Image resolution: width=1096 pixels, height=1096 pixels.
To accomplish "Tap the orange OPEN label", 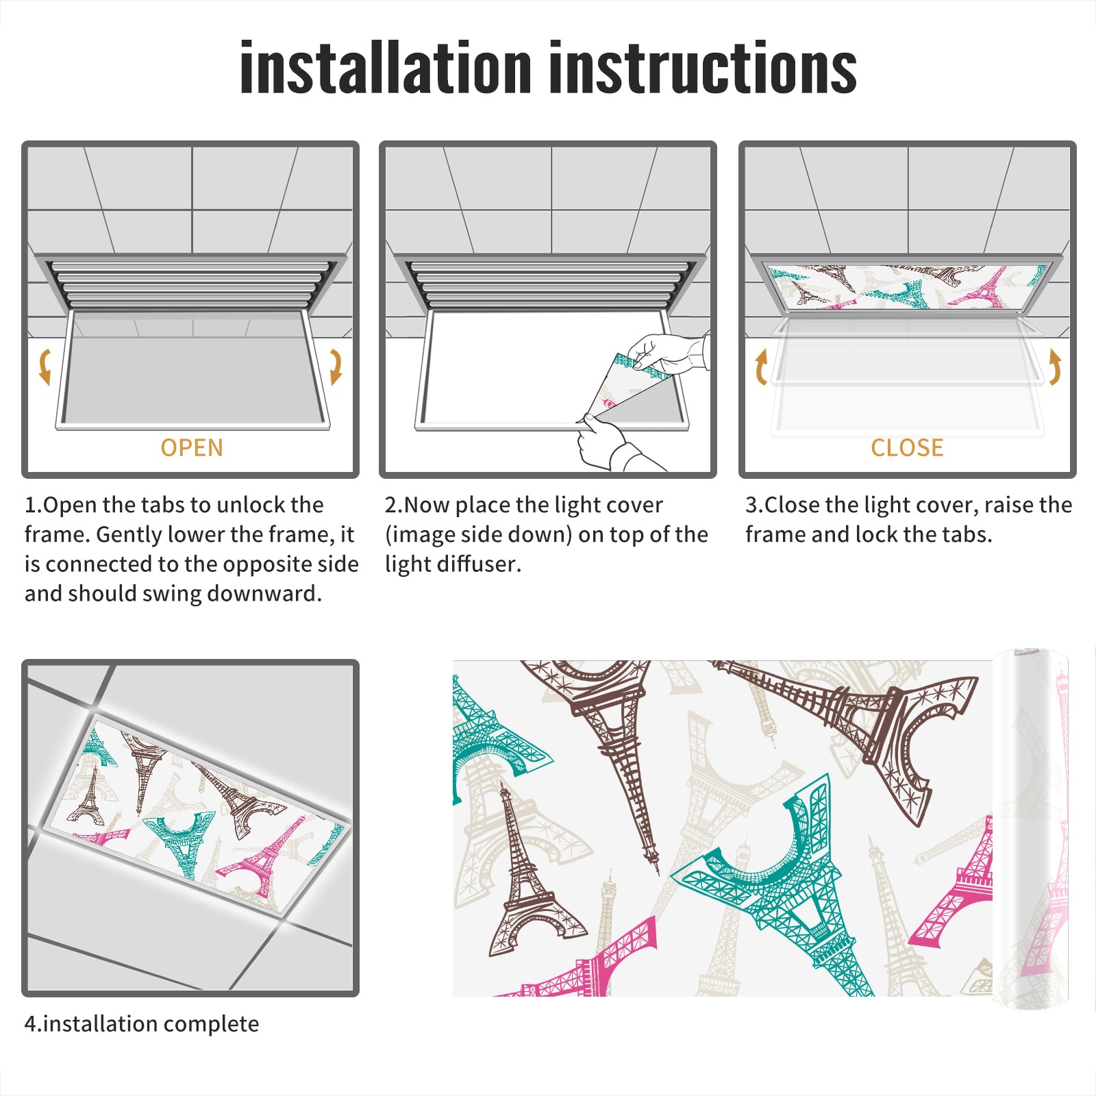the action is point(192,448).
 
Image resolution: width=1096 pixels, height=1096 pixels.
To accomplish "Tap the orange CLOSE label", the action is point(907,448).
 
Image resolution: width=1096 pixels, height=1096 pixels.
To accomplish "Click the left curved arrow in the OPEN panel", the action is point(45,366).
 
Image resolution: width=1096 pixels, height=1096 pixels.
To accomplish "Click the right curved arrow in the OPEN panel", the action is point(336,366).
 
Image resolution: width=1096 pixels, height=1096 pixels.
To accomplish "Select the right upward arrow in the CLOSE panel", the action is point(1055,366).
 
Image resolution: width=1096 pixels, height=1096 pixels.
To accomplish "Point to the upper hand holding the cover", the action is point(668,353).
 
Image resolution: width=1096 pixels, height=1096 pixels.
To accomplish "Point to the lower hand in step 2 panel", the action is point(606,442).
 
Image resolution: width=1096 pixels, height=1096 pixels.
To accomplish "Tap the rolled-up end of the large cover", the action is point(1030,829).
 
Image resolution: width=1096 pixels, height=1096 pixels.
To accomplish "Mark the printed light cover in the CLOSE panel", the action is point(907,286).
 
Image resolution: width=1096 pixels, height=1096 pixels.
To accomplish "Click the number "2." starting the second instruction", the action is point(394,505).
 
